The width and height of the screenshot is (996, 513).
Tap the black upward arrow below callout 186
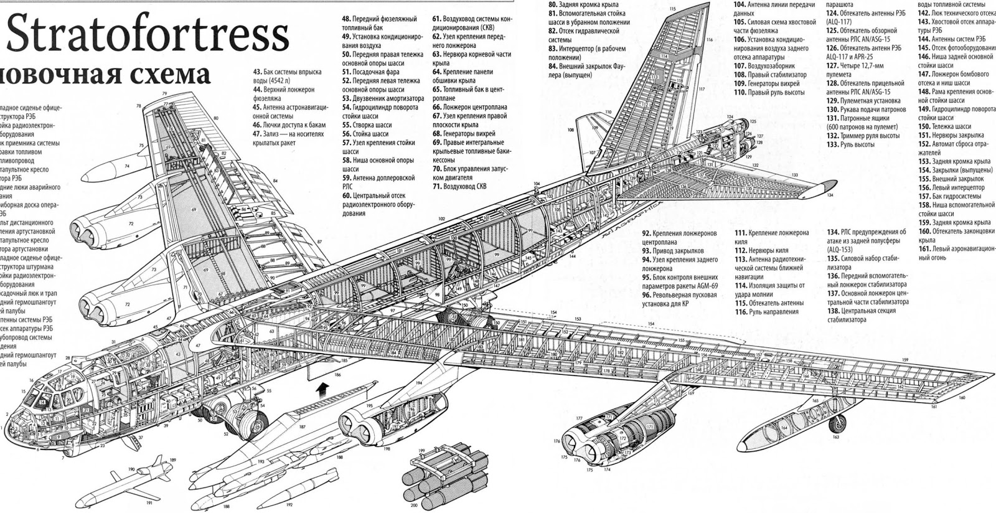(x=321, y=390)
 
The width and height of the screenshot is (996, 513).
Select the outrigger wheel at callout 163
(x=839, y=424)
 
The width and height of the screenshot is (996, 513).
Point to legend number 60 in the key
(x=347, y=195)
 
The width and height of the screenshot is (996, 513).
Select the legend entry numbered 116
(x=740, y=312)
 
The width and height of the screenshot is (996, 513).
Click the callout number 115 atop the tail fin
(x=672, y=9)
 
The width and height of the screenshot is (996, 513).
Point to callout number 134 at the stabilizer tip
(x=830, y=195)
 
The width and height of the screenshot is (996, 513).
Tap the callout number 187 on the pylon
(x=303, y=426)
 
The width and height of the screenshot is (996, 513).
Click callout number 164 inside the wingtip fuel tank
(x=784, y=428)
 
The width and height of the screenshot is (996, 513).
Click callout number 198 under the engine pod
(x=387, y=449)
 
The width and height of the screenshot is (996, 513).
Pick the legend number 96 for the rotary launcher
(x=647, y=295)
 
